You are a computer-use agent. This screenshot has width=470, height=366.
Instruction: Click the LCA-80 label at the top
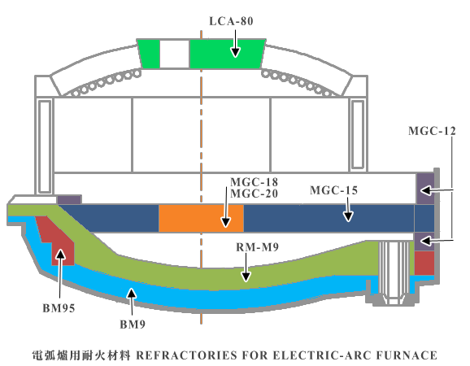click(x=231, y=21)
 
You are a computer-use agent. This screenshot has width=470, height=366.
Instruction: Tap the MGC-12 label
click(x=432, y=131)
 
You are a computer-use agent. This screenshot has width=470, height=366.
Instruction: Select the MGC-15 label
click(x=333, y=190)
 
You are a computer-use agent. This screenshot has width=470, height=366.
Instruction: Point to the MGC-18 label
click(x=254, y=182)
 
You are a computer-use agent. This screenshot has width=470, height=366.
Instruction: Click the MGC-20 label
click(x=254, y=194)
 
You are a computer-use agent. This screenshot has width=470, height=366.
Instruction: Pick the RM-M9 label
click(x=257, y=247)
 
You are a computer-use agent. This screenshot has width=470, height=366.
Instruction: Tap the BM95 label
click(x=59, y=308)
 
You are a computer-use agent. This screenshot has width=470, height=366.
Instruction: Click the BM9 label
click(x=133, y=325)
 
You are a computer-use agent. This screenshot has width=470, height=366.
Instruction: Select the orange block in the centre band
click(x=201, y=218)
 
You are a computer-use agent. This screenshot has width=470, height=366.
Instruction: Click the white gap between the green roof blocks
click(x=175, y=54)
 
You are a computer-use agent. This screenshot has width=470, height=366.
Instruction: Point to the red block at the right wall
click(x=424, y=263)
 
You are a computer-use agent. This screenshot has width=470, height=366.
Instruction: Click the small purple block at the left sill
click(x=69, y=199)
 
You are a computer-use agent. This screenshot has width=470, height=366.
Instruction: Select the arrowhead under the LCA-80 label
click(x=235, y=52)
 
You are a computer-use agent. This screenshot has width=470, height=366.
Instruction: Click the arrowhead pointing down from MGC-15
click(x=348, y=216)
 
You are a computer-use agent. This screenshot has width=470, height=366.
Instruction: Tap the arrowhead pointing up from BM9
click(x=131, y=294)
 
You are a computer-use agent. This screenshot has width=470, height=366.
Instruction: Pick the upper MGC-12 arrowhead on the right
click(x=426, y=190)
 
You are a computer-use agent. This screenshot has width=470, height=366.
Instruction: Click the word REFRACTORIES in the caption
click(x=186, y=355)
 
